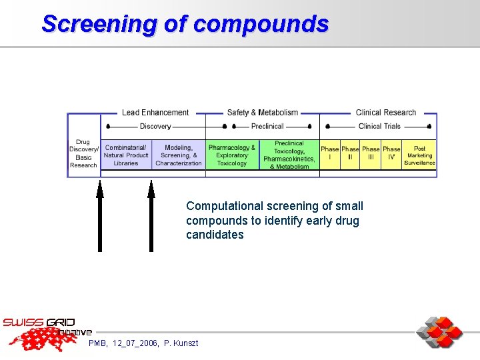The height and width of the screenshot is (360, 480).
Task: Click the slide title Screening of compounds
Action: [185, 24]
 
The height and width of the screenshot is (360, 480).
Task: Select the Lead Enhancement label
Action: [155, 113]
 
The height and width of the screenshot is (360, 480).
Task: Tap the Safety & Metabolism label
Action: [262, 113]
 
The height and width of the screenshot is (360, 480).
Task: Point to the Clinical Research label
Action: [385, 113]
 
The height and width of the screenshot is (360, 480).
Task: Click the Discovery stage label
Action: [155, 126]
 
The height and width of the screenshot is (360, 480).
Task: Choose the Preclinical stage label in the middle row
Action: [267, 126]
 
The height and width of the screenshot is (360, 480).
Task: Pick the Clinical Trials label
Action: [379, 126]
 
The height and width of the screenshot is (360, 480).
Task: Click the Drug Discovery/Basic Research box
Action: [83, 153]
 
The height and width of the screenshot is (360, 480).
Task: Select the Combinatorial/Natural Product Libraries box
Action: [125, 155]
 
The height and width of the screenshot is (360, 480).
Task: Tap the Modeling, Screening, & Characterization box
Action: [179, 155]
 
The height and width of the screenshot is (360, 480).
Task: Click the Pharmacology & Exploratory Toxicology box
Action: [231, 155]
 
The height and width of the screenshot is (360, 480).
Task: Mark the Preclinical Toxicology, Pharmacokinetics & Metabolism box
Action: [289, 155]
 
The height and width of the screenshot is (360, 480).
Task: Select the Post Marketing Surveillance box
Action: [419, 155]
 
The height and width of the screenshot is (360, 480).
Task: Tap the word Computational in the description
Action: [221, 206]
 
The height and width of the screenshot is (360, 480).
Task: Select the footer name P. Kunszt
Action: [177, 343]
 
